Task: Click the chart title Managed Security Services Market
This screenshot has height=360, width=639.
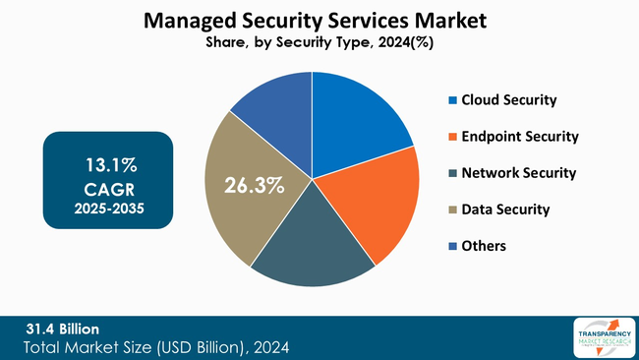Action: pos(313,21)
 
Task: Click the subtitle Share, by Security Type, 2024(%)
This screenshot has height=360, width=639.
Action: pos(313,43)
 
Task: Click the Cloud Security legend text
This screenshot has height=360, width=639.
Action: pos(509,100)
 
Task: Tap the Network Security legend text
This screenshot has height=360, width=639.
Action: pos(519,173)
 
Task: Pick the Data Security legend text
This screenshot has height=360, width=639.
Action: pos(505,210)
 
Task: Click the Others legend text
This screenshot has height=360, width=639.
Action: pos(484,246)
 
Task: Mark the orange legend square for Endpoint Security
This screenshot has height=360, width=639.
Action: pos(452,138)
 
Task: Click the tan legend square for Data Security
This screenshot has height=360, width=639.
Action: pos(452,210)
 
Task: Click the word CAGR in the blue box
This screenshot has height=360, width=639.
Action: pos(109,187)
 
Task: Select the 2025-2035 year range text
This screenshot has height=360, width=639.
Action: pos(109,209)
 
